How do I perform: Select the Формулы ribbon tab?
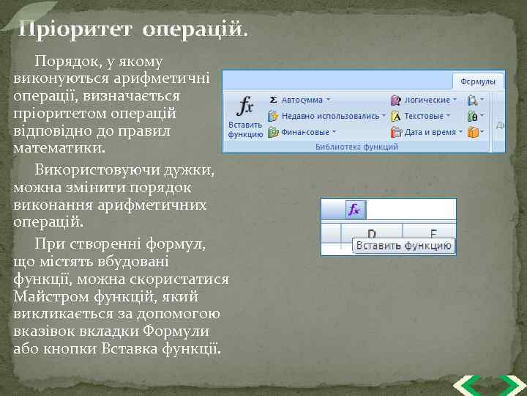click(478, 81)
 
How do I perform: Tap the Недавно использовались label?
click(330, 116)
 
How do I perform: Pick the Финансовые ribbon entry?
click(305, 133)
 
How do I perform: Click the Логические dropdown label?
click(427, 100)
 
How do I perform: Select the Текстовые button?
click(424, 116)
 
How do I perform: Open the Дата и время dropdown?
click(430, 133)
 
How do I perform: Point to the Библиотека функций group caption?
click(356, 147)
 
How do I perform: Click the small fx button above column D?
click(354, 210)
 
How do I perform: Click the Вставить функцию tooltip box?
click(403, 246)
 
